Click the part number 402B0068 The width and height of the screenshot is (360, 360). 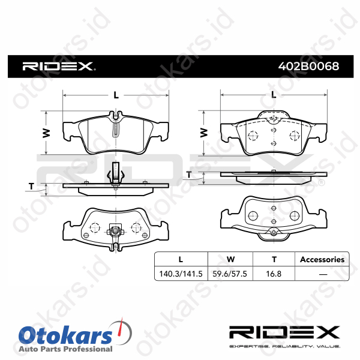coord(308,67)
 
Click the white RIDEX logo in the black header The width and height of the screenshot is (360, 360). coord(59,67)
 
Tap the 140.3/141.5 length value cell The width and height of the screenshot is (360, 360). coord(181,274)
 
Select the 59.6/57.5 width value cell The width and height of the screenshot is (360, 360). coord(230,274)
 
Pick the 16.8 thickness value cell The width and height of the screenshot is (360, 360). coord(274,274)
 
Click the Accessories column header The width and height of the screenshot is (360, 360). coord(322,259)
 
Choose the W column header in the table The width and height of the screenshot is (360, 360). coord(230,259)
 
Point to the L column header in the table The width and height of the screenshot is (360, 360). coord(181,259)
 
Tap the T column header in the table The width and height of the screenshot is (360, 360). coord(274,259)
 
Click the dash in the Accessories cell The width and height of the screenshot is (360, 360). coord(323,274)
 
